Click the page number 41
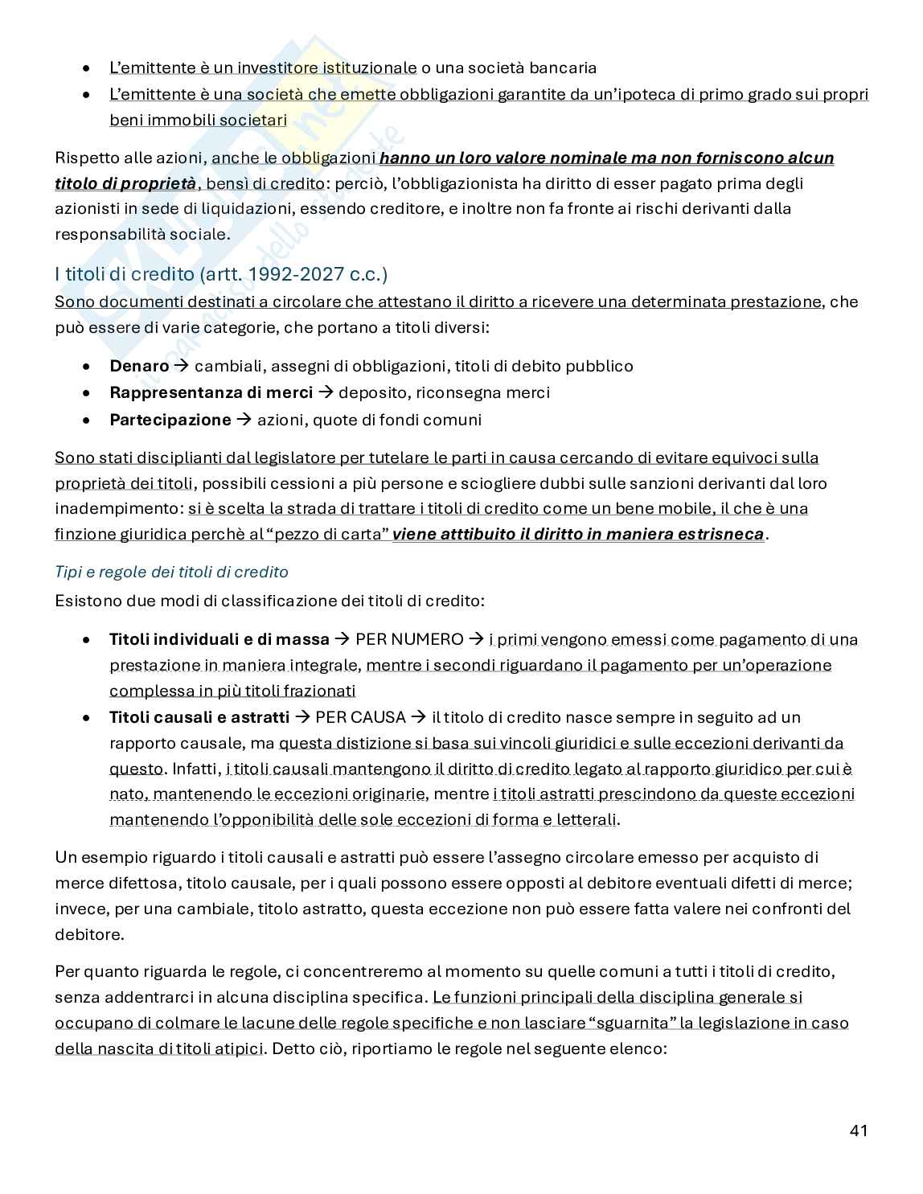click(x=858, y=1130)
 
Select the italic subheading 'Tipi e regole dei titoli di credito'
click(x=171, y=572)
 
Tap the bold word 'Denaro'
click(x=139, y=366)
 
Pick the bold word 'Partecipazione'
click(x=170, y=419)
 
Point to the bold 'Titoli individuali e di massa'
click(x=219, y=639)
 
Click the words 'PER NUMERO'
click(x=409, y=639)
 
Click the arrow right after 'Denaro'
click(x=182, y=366)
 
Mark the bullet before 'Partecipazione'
click(x=87, y=420)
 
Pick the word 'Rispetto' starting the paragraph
click(x=86, y=158)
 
